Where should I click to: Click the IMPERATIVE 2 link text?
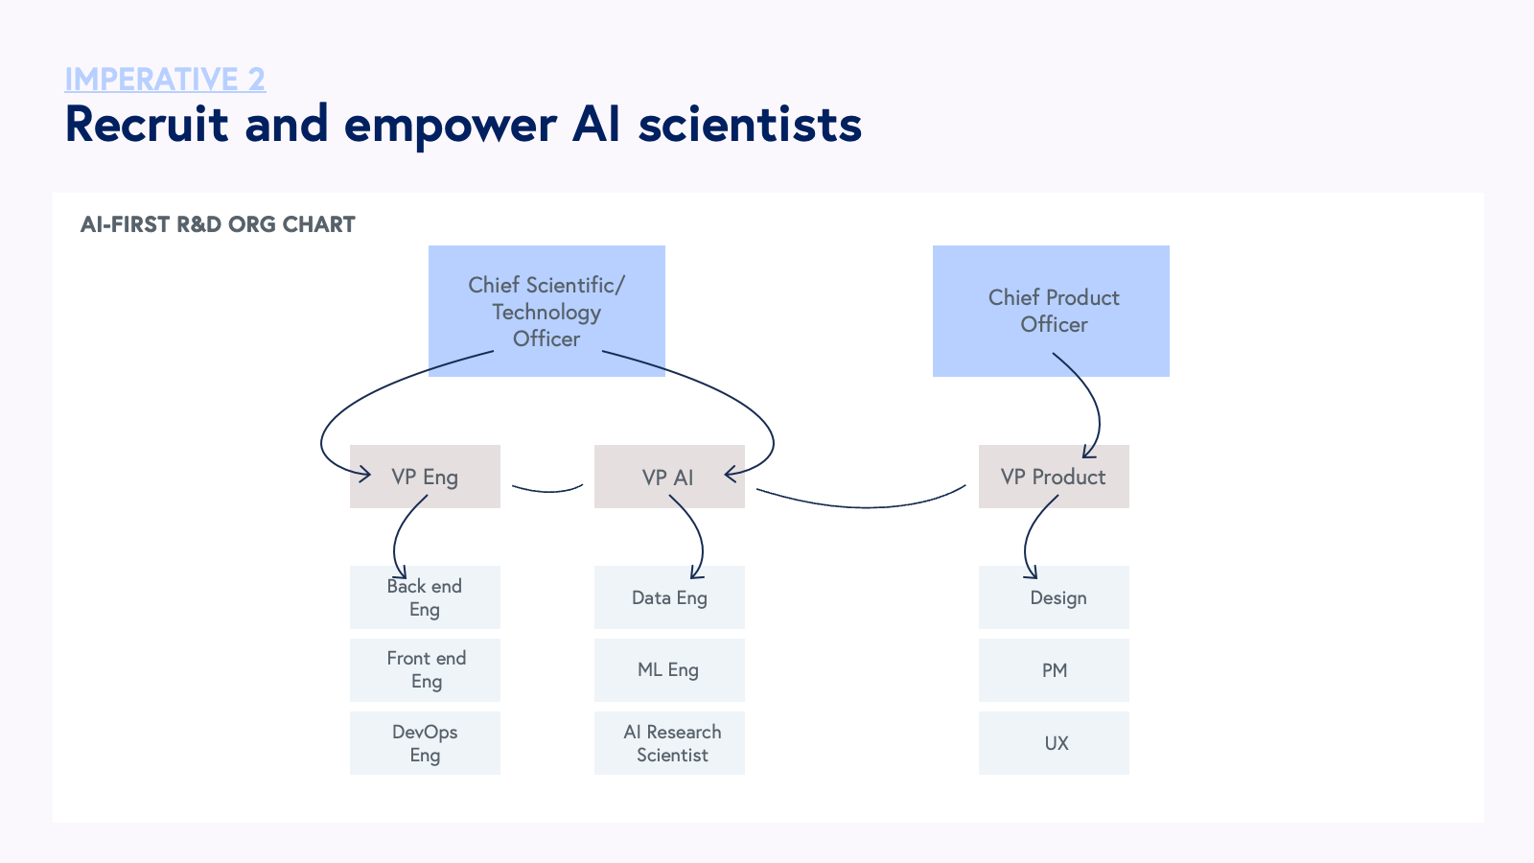click(165, 79)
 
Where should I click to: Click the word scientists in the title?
click(750, 125)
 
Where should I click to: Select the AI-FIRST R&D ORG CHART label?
click(218, 224)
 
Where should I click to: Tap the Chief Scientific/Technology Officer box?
click(546, 311)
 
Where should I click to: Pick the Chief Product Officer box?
click(1051, 311)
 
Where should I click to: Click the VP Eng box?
click(425, 477)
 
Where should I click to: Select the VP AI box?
click(669, 477)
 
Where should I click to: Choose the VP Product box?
click(1054, 477)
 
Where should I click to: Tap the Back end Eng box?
click(425, 597)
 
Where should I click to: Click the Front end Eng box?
click(425, 670)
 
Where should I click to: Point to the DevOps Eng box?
click(425, 743)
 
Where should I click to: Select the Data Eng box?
click(669, 597)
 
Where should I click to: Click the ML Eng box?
click(669, 670)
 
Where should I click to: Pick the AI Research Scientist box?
click(669, 743)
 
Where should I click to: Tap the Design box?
click(1054, 597)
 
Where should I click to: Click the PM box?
click(1054, 670)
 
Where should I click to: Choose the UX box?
click(1054, 743)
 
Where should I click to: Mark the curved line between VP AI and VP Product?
click(863, 506)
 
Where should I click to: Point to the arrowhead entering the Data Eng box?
click(697, 573)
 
